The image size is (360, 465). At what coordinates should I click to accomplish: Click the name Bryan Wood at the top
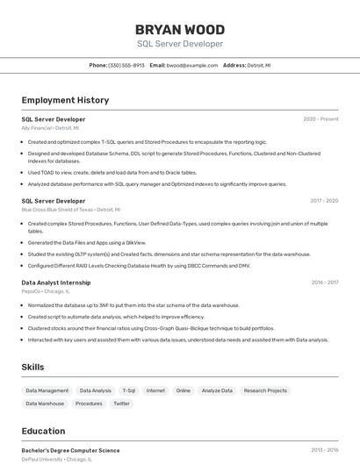click(x=180, y=30)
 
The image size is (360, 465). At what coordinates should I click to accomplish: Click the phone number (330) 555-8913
click(x=126, y=65)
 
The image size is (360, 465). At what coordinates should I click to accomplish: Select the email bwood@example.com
click(x=192, y=65)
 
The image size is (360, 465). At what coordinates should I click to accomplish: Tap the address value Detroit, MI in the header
click(x=259, y=65)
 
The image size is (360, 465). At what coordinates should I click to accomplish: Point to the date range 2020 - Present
click(x=320, y=118)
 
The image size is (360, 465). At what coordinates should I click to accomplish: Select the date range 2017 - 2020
click(x=324, y=201)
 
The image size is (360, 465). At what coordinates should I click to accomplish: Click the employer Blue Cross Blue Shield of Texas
click(x=71, y=210)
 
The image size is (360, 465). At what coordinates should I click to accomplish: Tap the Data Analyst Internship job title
click(x=56, y=283)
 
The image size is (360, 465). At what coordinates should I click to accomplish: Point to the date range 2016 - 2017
click(x=324, y=283)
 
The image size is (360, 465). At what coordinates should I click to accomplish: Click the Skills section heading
click(x=33, y=367)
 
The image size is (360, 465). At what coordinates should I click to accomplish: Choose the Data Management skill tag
click(x=47, y=390)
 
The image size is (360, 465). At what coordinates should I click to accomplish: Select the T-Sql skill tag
click(x=129, y=390)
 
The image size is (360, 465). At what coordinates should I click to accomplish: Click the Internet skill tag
click(x=155, y=390)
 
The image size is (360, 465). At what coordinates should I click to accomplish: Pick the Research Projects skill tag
click(x=265, y=390)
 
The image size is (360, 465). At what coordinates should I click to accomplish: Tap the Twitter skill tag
click(x=121, y=404)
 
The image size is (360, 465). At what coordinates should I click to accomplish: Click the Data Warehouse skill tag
click(x=45, y=404)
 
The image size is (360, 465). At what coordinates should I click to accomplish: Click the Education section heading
click(x=43, y=431)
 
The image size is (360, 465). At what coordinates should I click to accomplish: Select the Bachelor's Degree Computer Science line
click(x=70, y=450)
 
